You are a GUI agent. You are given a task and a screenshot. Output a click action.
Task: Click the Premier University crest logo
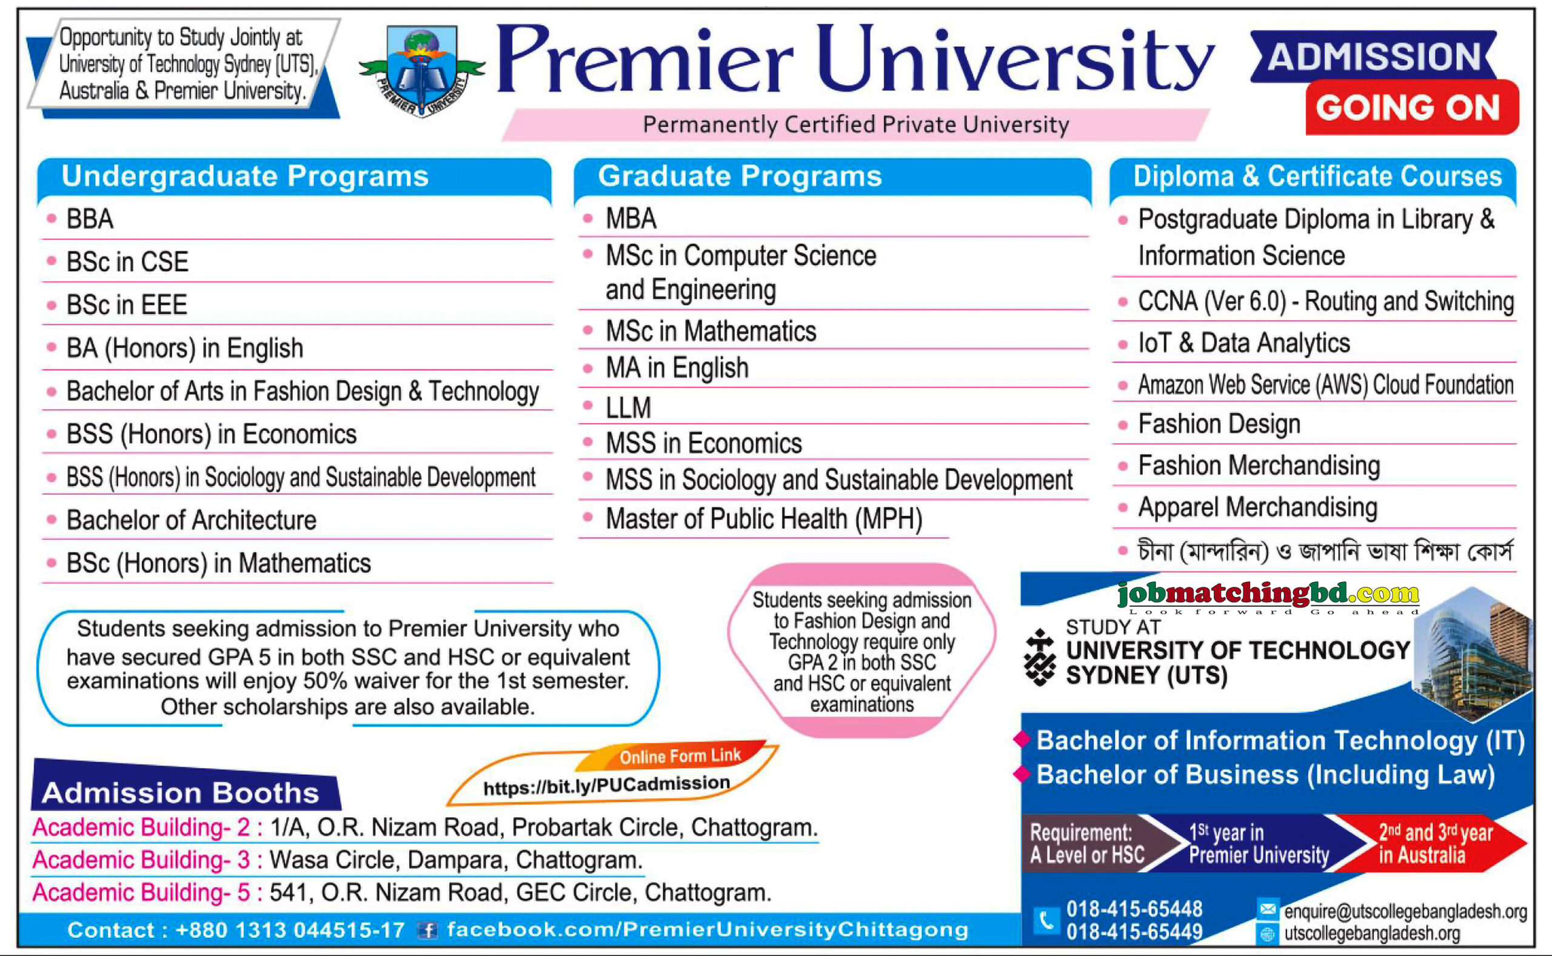pos(422,71)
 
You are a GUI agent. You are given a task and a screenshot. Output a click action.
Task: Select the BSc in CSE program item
pos(127,262)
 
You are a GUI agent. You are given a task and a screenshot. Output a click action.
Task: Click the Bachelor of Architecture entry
pos(191,520)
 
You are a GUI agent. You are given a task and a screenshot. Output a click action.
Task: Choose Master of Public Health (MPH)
pos(764,519)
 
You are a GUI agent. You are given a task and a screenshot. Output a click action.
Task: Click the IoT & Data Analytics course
pos(1243,343)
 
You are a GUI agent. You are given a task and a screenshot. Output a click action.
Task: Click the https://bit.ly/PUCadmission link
pos(606,785)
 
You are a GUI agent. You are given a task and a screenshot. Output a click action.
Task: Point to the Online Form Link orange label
pos(680,755)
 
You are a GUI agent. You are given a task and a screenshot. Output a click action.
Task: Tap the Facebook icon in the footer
pos(428,930)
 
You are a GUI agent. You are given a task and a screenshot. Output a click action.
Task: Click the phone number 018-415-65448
pos(1134,909)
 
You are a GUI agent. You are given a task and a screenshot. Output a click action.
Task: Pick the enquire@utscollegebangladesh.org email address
pos(1405,911)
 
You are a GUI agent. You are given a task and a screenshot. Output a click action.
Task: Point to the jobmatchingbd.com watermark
pos(1268,594)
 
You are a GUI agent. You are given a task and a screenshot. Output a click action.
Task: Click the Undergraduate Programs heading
pos(245,176)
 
